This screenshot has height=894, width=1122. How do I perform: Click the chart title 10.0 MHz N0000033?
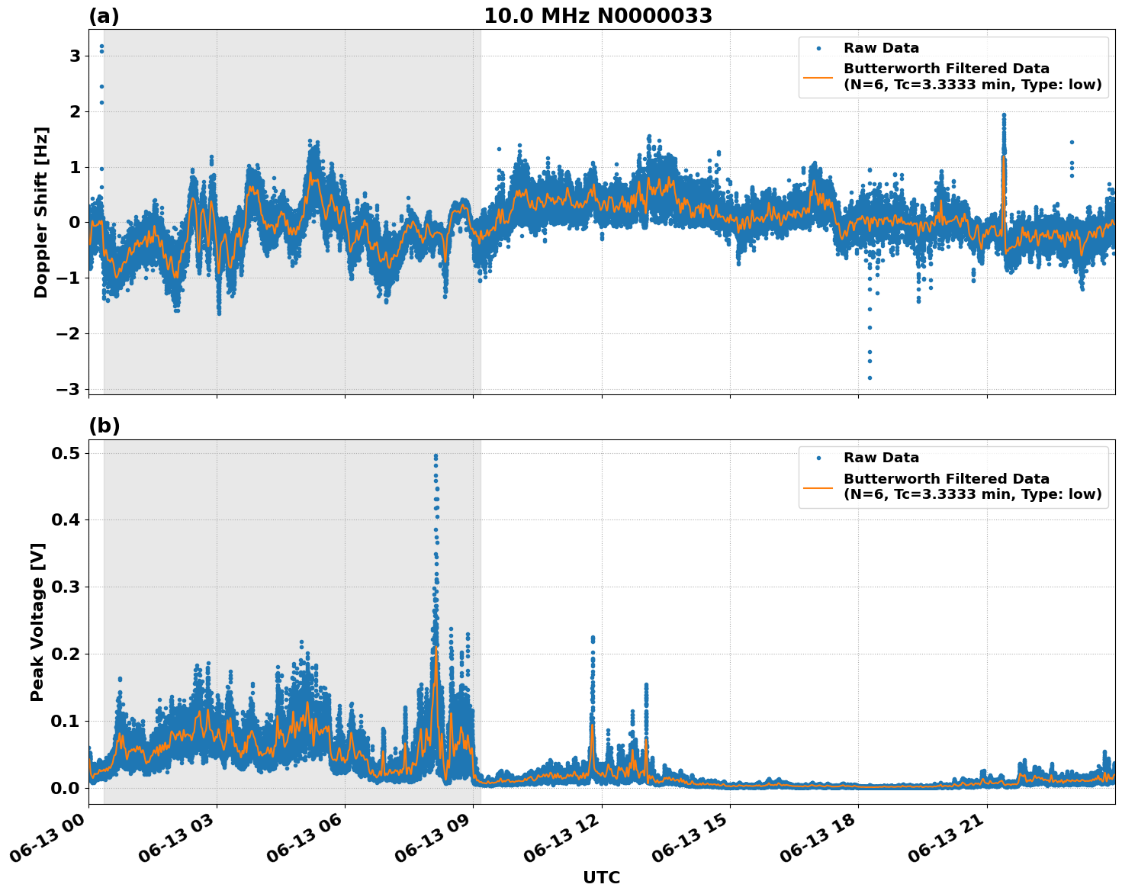pyautogui.click(x=598, y=16)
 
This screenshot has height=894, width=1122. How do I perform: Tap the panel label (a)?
pyautogui.click(x=104, y=16)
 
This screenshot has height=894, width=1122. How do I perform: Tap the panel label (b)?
pyautogui.click(x=104, y=426)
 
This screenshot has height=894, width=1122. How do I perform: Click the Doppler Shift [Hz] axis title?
pyautogui.click(x=41, y=212)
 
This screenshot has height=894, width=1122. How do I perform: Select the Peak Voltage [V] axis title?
pyautogui.click(x=37, y=622)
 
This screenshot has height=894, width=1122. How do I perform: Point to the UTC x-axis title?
pyautogui.click(x=601, y=877)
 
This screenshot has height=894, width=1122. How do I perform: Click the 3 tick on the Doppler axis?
pyautogui.click(x=75, y=56)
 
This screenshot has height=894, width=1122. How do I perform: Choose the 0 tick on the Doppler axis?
pyautogui.click(x=75, y=223)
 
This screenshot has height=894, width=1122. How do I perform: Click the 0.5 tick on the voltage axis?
pyautogui.click(x=66, y=453)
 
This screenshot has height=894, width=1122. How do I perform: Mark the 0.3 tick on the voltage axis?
pyautogui.click(x=66, y=587)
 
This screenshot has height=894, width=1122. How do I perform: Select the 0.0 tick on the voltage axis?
pyautogui.click(x=66, y=787)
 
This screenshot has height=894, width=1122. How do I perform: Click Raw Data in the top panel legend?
pyautogui.click(x=881, y=48)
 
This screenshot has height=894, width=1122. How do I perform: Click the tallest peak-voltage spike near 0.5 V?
pyautogui.click(x=436, y=456)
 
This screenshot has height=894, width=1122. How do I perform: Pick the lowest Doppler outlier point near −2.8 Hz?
pyautogui.click(x=870, y=378)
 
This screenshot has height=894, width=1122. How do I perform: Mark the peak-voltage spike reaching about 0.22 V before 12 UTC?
pyautogui.click(x=593, y=638)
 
